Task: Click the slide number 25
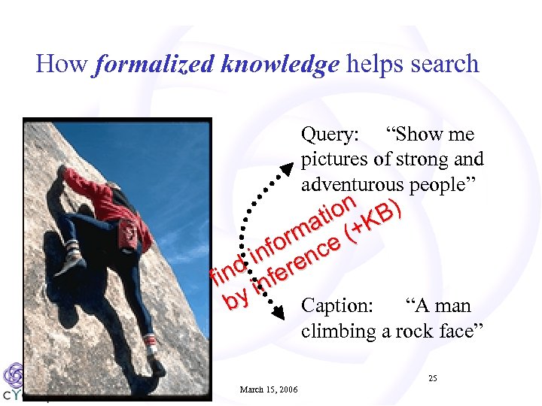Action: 432,378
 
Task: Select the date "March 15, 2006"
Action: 268,389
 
